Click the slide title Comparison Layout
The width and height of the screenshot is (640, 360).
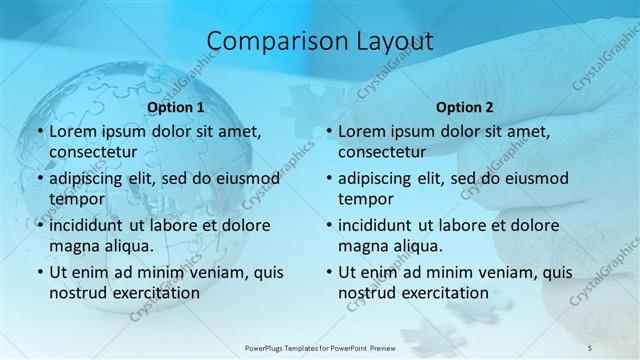pyautogui.click(x=320, y=41)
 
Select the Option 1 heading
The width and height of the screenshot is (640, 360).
pyautogui.click(x=176, y=107)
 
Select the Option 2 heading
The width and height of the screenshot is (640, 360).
pyautogui.click(x=465, y=107)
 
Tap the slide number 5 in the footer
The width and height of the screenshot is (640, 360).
pyautogui.click(x=590, y=346)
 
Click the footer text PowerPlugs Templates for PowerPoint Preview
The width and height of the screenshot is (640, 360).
pyautogui.click(x=320, y=346)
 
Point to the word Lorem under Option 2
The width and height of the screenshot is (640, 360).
pyautogui.click(x=361, y=131)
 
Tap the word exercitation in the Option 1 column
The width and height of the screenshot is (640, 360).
pyautogui.click(x=154, y=293)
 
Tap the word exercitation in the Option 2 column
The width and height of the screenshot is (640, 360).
pyautogui.click(x=443, y=293)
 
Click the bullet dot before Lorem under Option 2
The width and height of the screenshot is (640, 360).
pyautogui.click(x=327, y=131)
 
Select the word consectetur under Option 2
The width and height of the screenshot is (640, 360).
pyautogui.click(x=382, y=152)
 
